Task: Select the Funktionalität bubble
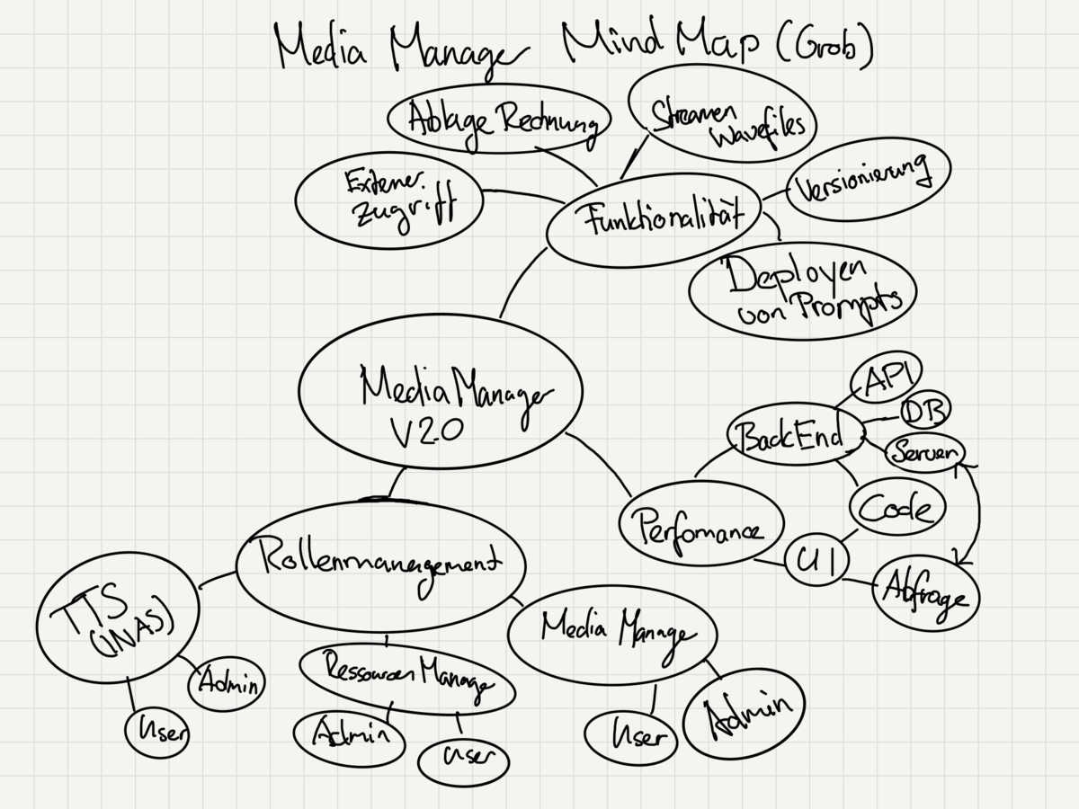click(654, 220)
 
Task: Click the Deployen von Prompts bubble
click(802, 289)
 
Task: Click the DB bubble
click(924, 411)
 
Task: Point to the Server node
click(924, 452)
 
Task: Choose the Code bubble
click(896, 509)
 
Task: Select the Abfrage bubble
click(926, 594)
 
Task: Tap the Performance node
click(700, 525)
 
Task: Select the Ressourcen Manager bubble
click(406, 679)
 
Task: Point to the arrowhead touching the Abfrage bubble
click(960, 559)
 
